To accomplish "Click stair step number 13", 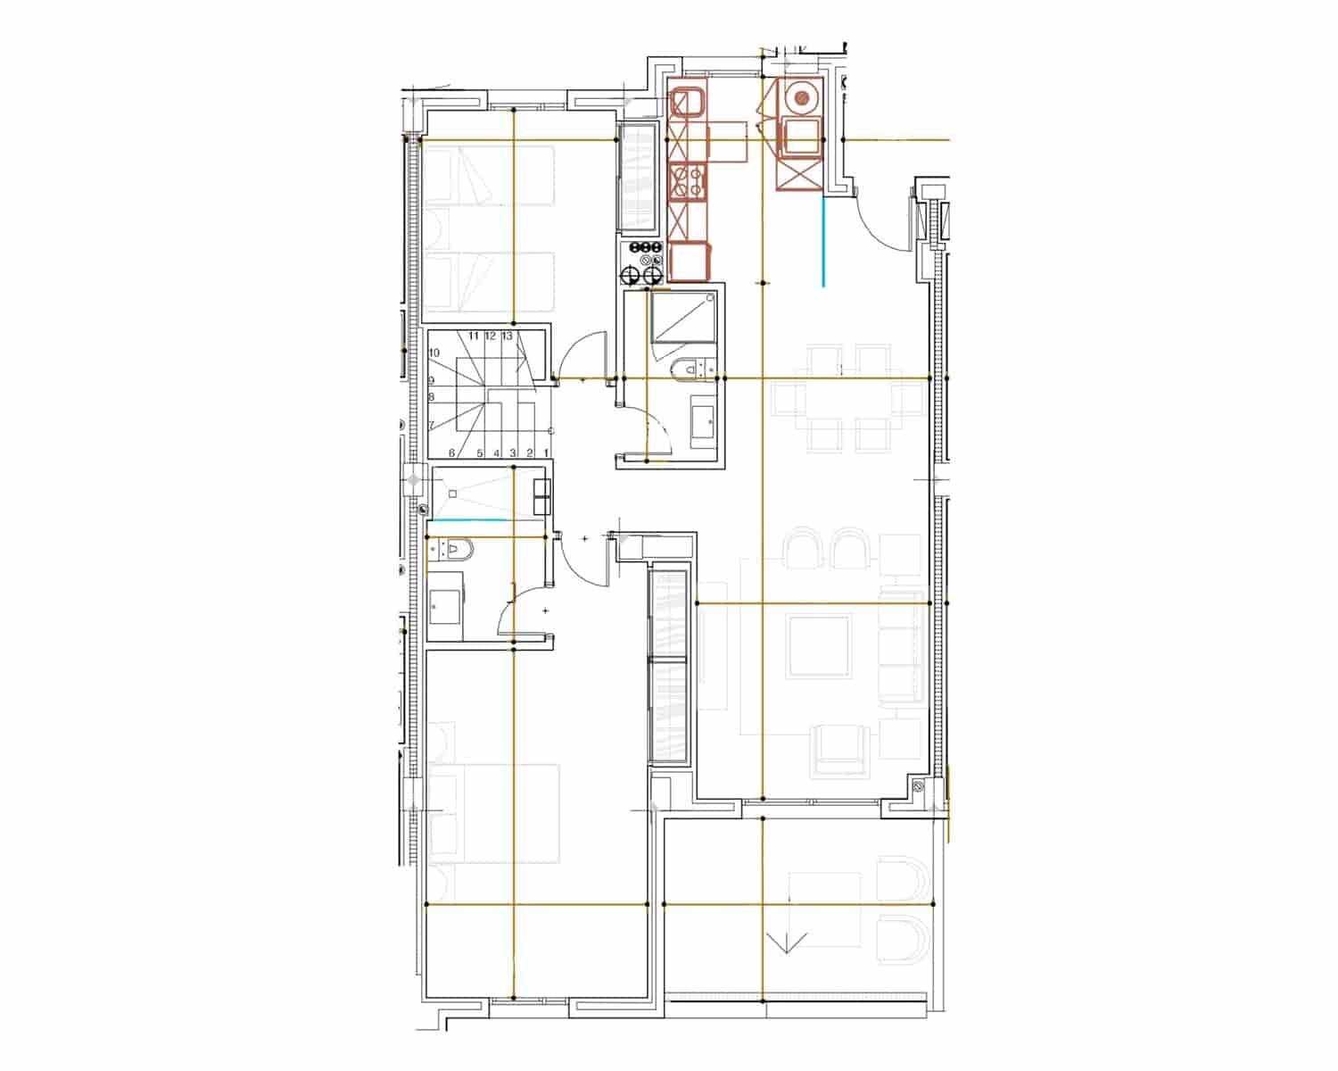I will [507, 336].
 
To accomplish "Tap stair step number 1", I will [545, 453].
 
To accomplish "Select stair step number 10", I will [434, 353].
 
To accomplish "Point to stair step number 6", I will [452, 453].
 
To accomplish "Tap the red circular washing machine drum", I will [803, 96].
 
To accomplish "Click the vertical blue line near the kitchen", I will [823, 241].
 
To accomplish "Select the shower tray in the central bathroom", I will [683, 316].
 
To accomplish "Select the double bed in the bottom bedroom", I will [493, 813].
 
